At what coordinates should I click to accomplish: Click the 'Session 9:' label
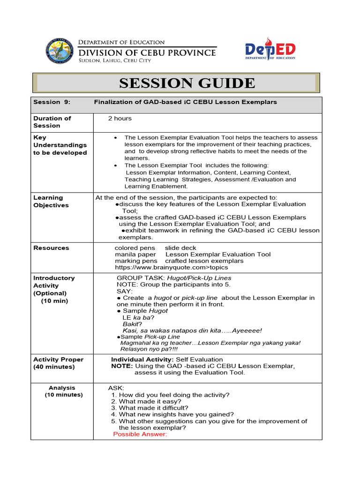47,102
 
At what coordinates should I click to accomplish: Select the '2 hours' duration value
120,119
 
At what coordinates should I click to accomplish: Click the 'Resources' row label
51,248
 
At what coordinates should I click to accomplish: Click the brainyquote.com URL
172,267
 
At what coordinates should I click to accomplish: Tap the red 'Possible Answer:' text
140,434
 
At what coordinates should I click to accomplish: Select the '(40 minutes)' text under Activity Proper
54,367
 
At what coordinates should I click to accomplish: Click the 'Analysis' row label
62,388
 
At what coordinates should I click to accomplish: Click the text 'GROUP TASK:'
135,278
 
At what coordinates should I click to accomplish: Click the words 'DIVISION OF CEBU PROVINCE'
147,52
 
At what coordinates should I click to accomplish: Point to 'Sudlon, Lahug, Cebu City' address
114,60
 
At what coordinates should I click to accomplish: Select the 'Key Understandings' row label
60,145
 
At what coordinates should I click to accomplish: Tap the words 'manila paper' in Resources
133,254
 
